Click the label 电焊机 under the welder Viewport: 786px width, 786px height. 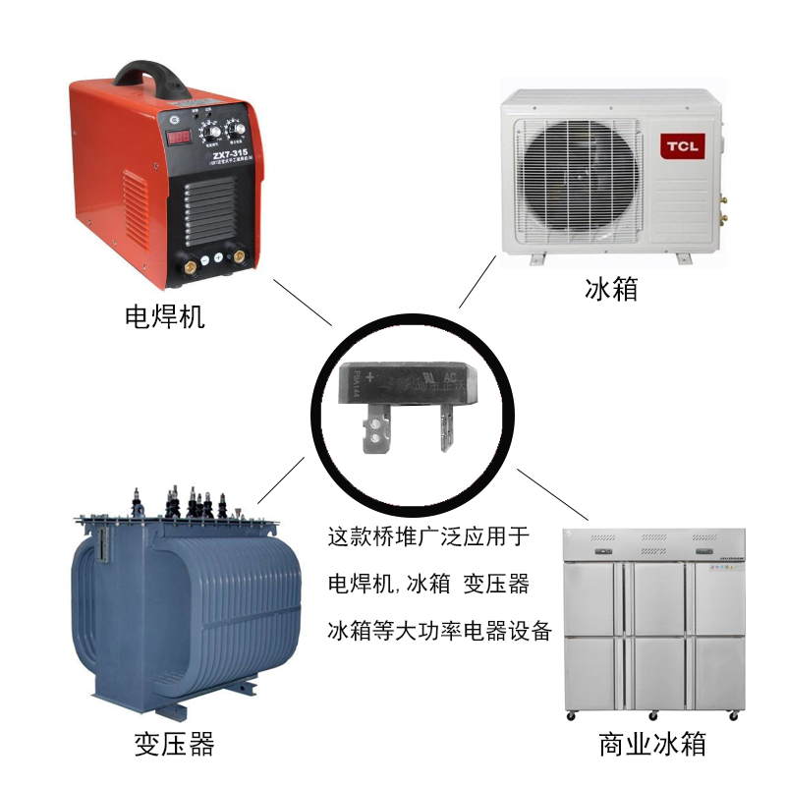(164, 316)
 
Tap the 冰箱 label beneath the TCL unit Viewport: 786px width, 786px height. (611, 290)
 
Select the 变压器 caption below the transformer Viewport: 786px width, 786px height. (174, 744)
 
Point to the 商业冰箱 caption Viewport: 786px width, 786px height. (652, 744)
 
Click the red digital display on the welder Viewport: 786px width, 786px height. (179, 138)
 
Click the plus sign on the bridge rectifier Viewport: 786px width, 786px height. (369, 376)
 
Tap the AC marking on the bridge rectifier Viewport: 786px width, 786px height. (452, 376)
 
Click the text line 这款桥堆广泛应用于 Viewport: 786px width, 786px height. (427, 536)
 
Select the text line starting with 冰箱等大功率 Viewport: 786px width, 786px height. (439, 631)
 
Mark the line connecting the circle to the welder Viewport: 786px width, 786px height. (302, 303)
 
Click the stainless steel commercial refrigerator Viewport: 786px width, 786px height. (653, 619)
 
